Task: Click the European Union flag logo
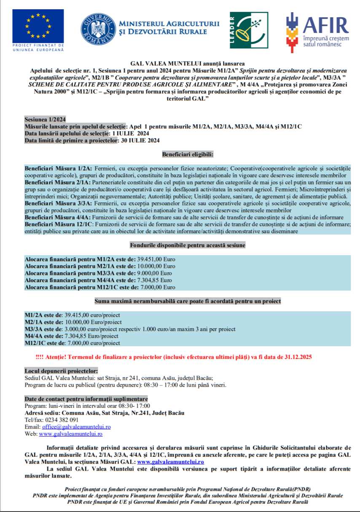point(38,26)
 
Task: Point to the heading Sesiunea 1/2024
point(45,119)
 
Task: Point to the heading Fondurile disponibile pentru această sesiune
point(188,245)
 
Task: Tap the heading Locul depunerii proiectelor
point(61,371)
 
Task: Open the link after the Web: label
point(70,434)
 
